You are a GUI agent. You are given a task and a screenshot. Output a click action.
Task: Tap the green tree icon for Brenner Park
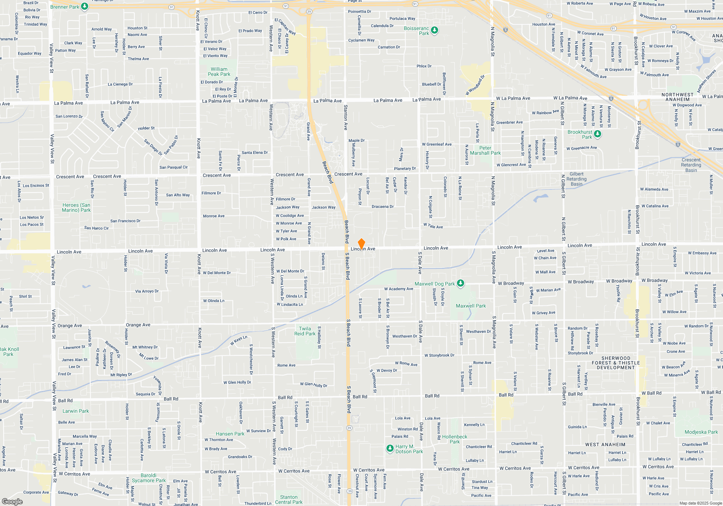click(85, 7)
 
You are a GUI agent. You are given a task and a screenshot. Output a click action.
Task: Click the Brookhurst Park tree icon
click(598, 134)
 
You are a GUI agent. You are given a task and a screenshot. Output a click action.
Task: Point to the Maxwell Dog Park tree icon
click(460, 283)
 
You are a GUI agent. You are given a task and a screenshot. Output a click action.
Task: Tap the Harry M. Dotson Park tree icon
click(390, 449)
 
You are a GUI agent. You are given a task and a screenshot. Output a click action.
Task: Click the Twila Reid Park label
click(304, 331)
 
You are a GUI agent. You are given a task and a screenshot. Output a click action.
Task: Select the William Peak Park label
click(219, 72)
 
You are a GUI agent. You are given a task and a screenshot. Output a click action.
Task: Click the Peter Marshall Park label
click(485, 150)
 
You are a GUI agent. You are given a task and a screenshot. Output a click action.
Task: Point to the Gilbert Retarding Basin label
click(576, 179)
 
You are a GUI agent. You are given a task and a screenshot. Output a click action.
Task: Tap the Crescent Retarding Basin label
click(691, 165)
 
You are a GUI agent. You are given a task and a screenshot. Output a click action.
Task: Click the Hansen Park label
click(230, 434)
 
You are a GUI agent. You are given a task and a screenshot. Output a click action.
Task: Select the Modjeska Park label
click(701, 432)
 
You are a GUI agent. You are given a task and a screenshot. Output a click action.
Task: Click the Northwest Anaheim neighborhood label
click(677, 97)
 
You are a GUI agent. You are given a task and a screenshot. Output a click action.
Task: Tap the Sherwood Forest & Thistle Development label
click(616, 363)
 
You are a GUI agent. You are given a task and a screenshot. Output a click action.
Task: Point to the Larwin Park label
click(76, 411)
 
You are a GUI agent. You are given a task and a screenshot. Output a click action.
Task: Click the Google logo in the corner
click(12, 502)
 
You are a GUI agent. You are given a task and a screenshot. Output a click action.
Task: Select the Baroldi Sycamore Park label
click(149, 478)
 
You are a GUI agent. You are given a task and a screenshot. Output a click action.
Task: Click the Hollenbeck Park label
click(454, 439)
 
